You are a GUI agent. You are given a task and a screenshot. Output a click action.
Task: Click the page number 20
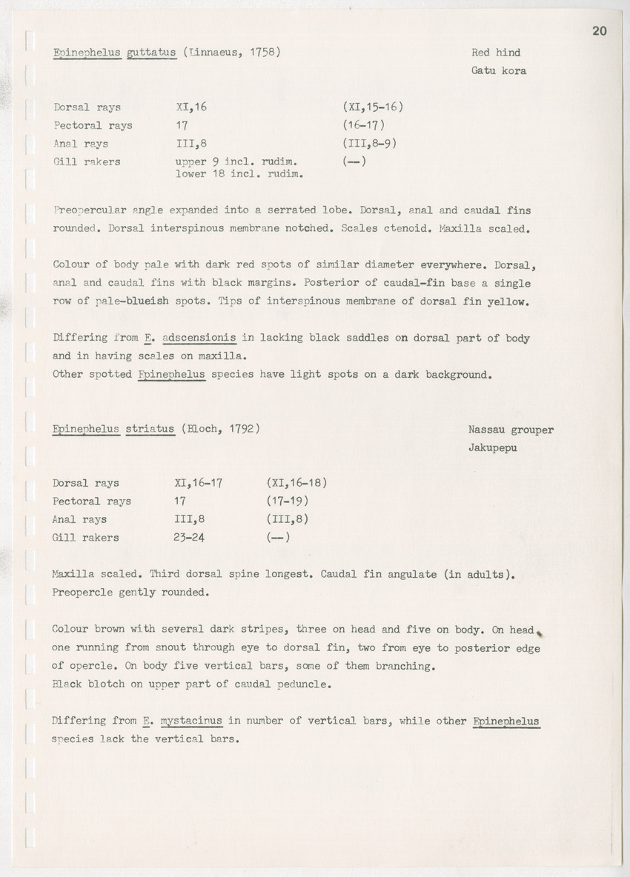point(600,30)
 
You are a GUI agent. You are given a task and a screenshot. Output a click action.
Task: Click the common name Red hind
point(496,53)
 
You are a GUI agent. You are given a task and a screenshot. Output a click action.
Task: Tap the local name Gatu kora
point(499,71)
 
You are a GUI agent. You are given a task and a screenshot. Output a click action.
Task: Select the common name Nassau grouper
point(511,430)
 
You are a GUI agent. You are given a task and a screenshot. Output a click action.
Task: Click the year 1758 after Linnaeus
point(259,53)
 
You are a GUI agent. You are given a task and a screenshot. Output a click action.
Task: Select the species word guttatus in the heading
point(151,53)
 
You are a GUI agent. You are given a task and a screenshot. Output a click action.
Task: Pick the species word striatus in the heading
point(150,429)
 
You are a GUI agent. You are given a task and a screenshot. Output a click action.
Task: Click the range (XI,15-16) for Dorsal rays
point(368,107)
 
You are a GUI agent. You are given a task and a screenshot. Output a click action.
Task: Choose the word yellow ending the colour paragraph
point(507,301)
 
